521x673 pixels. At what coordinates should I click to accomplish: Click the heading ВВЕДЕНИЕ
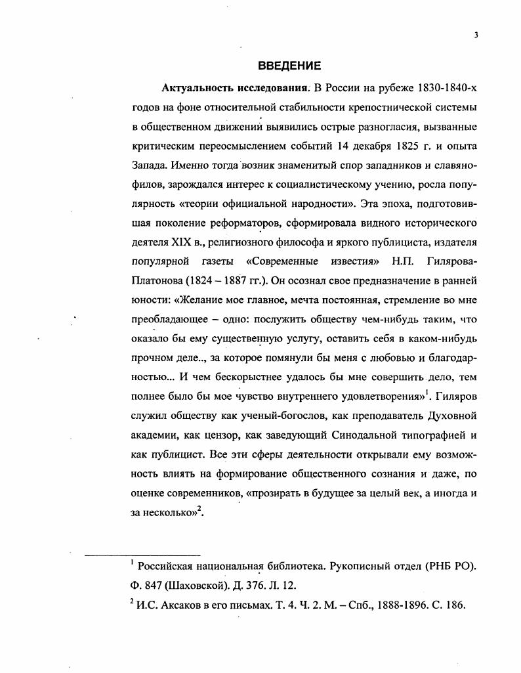tap(289, 66)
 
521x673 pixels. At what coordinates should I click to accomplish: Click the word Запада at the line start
tap(149, 161)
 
